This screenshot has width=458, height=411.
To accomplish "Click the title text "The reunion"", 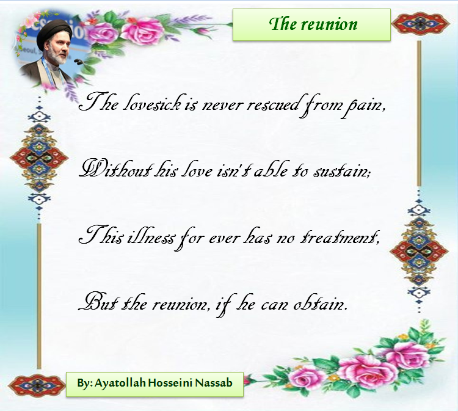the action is (313, 24).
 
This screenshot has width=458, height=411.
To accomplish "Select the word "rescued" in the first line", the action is (273, 104).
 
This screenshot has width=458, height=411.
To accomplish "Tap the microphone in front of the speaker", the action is (78, 62).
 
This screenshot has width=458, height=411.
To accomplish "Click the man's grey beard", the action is (59, 56).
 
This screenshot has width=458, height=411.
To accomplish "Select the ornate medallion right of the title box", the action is (421, 23).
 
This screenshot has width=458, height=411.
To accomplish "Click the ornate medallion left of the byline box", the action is (37, 385).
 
